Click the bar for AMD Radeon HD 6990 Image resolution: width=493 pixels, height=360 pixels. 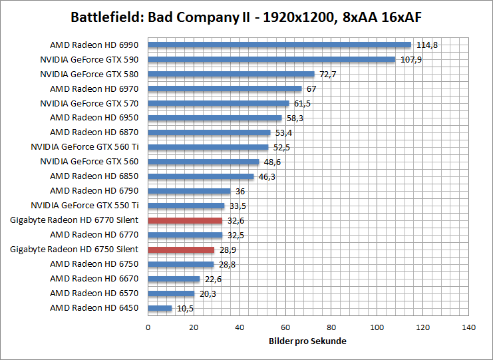(x=279, y=45)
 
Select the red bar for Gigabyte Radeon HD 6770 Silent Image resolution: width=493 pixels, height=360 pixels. (x=185, y=220)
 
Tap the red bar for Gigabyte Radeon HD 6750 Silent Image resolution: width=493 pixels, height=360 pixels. (x=181, y=250)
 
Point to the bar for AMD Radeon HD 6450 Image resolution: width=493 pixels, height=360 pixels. (x=160, y=308)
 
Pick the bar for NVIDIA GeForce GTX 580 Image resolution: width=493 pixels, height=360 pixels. (x=231, y=74)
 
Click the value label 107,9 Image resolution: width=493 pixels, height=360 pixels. (x=411, y=59)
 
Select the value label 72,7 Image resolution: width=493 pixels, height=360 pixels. (x=328, y=74)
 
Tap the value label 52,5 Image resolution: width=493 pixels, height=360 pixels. (x=282, y=147)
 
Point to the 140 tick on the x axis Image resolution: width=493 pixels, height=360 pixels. (x=469, y=327)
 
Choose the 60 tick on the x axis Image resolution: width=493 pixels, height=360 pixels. (x=285, y=327)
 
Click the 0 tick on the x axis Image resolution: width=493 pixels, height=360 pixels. (x=148, y=327)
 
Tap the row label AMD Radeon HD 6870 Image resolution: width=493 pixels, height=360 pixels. (x=94, y=132)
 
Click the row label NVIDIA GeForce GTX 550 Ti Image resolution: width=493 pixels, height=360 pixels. (x=89, y=206)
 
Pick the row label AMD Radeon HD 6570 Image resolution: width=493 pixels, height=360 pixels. (x=94, y=293)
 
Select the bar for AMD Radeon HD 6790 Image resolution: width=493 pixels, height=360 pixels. (x=189, y=191)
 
